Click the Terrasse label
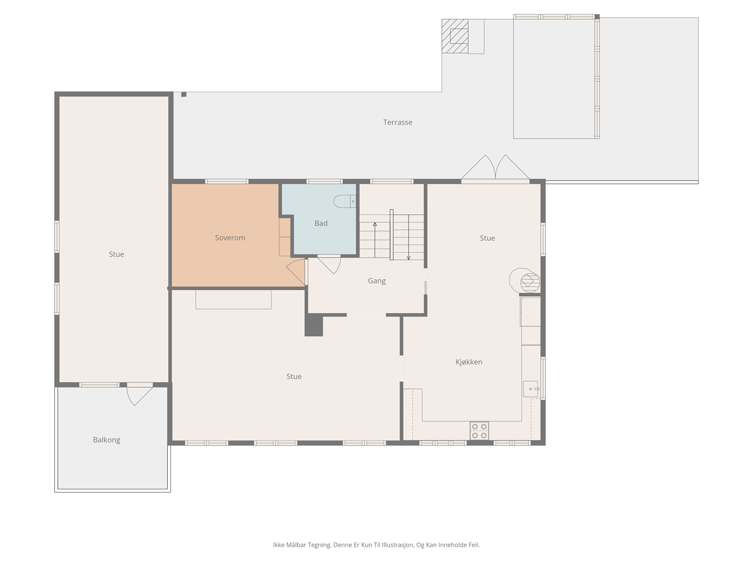(x=398, y=122)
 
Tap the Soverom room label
(x=230, y=238)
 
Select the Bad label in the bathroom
(x=321, y=223)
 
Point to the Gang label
(x=376, y=281)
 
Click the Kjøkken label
(x=469, y=362)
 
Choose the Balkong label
(x=106, y=440)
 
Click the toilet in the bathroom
(x=344, y=201)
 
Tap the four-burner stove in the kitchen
(x=479, y=431)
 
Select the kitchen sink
(x=530, y=389)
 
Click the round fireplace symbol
(x=529, y=282)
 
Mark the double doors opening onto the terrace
(x=496, y=168)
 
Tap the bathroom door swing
(x=329, y=266)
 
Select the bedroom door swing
(x=296, y=272)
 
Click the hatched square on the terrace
(x=455, y=36)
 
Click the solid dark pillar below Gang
(x=313, y=325)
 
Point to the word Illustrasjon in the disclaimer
(x=397, y=545)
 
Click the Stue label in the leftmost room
(x=116, y=254)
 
